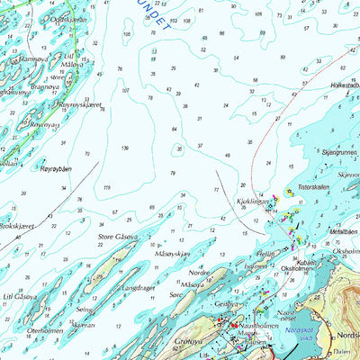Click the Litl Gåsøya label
[19, 296]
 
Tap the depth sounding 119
[106, 187]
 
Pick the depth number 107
[124, 90]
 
